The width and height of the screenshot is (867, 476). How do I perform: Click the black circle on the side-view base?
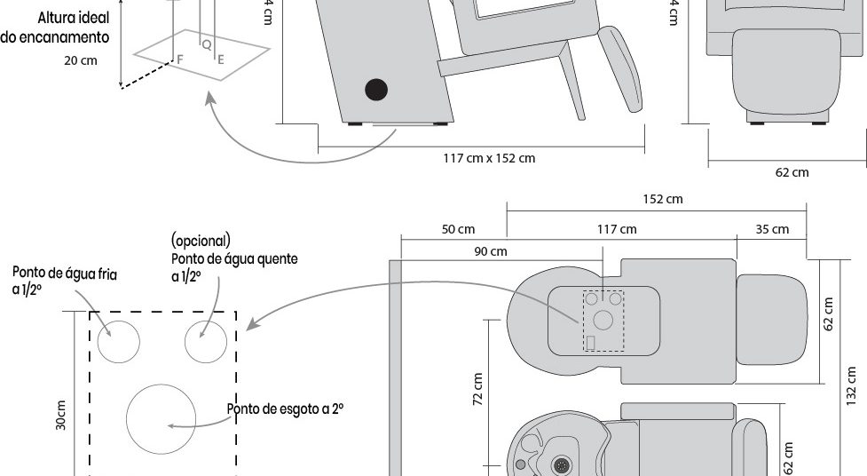click(x=377, y=89)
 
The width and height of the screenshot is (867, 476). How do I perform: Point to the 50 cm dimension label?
click(x=458, y=229)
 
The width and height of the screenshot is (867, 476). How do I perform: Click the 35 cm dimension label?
click(x=772, y=229)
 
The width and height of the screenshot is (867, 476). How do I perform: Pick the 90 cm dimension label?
click(x=492, y=251)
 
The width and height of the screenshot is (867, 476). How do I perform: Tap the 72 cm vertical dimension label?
click(x=477, y=387)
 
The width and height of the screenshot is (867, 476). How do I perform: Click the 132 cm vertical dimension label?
click(x=852, y=383)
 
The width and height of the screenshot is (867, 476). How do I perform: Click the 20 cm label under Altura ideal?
click(x=81, y=60)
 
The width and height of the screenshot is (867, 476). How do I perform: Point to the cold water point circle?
click(x=118, y=342)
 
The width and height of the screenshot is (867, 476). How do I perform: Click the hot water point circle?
click(x=204, y=342)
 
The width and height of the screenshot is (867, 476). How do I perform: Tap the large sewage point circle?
click(x=161, y=417)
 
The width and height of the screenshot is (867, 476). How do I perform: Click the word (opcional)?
click(x=201, y=240)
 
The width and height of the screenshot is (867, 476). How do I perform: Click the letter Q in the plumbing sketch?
click(x=206, y=44)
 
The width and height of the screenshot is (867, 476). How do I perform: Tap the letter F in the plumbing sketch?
click(x=180, y=59)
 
